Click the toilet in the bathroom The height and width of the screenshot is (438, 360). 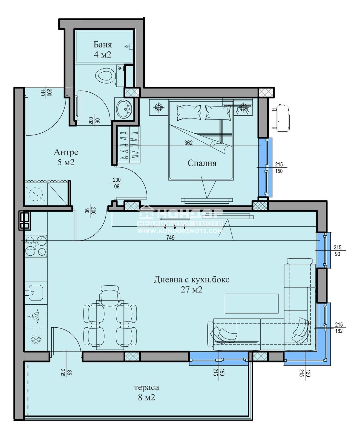click(105, 76)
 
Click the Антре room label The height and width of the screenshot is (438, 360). click(66, 152)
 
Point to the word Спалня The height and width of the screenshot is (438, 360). click(202, 163)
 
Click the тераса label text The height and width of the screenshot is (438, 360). click(146, 388)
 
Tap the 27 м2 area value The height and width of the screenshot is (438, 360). click(191, 290)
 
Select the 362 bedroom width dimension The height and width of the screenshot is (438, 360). click(188, 143)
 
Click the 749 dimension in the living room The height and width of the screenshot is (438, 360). click(170, 238)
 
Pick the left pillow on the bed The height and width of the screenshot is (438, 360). click(189, 113)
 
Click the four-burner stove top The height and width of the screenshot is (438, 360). click(36, 246)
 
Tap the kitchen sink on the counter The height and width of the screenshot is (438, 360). click(36, 293)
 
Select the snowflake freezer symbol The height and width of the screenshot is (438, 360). click(36, 339)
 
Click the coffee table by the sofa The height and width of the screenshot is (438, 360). click(252, 304)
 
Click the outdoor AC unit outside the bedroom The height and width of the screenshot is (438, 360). click(281, 118)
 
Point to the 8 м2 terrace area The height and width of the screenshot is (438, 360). click(146, 398)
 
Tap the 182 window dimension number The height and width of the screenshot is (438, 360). click(339, 331)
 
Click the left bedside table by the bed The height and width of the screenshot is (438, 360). click(159, 107)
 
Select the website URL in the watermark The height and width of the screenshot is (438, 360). click(180, 231)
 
